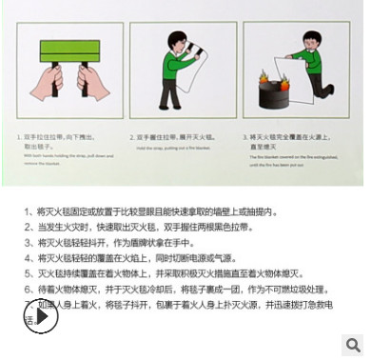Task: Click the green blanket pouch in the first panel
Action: click(65, 44)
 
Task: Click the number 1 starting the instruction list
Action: click(27, 211)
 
